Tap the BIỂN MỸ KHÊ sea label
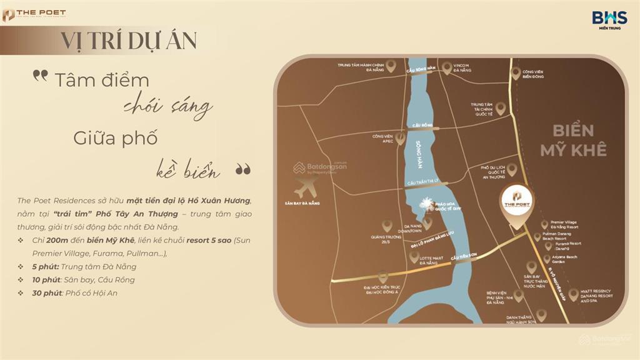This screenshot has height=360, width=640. click(573, 140)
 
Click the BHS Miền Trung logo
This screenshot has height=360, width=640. click(609, 19)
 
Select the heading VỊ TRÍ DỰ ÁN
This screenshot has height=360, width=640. click(129, 40)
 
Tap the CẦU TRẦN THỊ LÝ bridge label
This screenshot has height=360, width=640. click(427, 182)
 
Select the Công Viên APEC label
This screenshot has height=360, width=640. click(382, 138)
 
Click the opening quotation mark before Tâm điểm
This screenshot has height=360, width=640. click(41, 76)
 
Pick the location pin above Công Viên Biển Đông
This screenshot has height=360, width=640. click(516, 73)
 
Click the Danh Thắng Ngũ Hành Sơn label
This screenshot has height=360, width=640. click(521, 321)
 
